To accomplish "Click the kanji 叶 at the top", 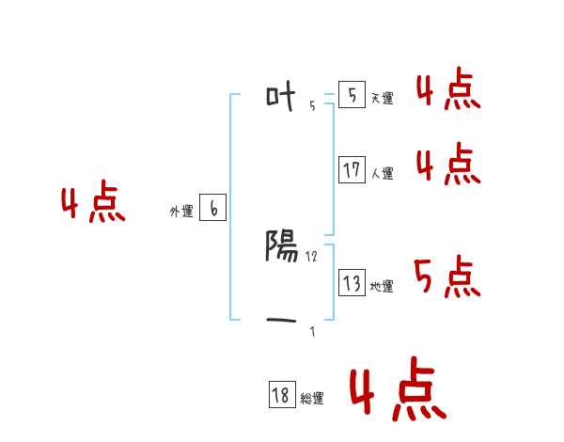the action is pos(282,95).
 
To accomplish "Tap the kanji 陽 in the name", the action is pos(283,245).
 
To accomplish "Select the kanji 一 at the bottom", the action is pos(282,322).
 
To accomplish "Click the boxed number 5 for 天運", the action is pos(352,95).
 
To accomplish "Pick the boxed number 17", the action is pos(352,170).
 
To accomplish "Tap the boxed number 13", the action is pos(352,283).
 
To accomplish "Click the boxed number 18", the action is pos(281,396).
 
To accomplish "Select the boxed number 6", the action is pos(212,209).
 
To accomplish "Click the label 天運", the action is pos(382,98).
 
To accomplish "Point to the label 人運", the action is pos(382,173).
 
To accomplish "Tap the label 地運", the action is pos(382,286).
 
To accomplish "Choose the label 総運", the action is pos(312,399).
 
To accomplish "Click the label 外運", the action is pos(181,212).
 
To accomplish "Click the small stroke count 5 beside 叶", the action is pos(312,106).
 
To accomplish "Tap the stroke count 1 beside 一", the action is pos(312,332).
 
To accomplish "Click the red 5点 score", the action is pos(446,276).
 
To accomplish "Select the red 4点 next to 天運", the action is pos(447,89).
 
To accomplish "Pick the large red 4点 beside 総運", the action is pos(398,392).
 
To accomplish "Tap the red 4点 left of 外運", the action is pos(93,204).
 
